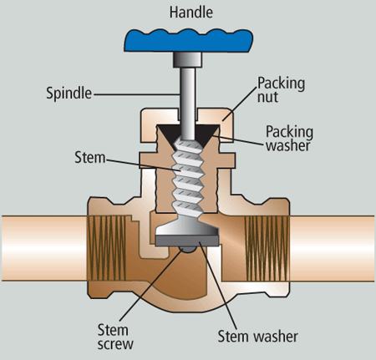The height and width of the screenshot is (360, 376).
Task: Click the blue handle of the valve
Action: [188, 41]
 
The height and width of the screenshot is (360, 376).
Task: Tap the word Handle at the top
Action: [191, 13]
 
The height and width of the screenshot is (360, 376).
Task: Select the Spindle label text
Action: [69, 94]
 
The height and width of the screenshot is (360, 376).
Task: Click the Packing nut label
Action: [281, 89]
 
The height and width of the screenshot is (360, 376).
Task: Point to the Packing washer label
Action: [289, 139]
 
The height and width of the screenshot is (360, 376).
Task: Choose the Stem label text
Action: [90, 158]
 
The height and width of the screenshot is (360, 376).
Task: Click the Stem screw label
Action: [115, 337]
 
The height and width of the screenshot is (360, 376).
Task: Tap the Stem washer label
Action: [258, 337]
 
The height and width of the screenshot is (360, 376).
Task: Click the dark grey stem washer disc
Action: [187, 241]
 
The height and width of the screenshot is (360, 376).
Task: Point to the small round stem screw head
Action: [187, 250]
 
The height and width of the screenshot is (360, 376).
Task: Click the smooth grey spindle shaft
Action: [187, 104]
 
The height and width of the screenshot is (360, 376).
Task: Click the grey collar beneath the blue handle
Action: [187, 60]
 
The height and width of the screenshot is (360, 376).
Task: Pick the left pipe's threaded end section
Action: [107, 248]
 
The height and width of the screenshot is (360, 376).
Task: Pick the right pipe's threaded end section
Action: [267, 248]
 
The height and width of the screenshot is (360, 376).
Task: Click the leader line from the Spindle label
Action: [137, 95]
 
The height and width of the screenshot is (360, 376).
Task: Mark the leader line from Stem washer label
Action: [217, 286]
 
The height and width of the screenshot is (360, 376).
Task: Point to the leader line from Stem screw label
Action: [151, 285]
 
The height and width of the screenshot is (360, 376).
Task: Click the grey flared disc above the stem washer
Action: [187, 226]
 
